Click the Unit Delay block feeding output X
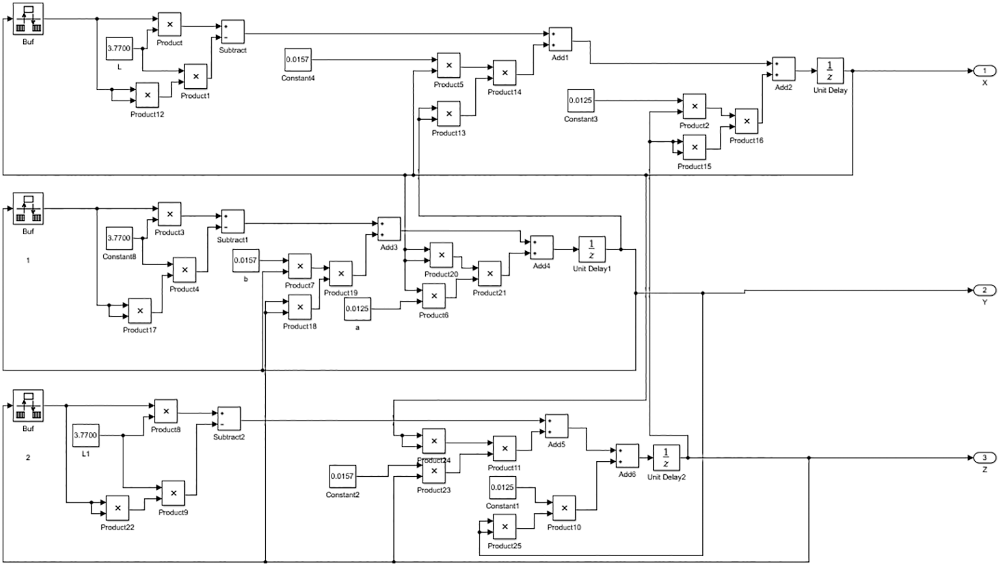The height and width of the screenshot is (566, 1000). tap(830, 71)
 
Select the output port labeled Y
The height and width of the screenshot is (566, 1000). tap(984, 290)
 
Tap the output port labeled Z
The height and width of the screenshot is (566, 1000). tap(984, 458)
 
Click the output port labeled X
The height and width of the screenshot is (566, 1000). tap(984, 71)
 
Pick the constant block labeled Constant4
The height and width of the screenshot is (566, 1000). tap(298, 60)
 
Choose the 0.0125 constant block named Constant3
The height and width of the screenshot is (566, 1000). tap(580, 101)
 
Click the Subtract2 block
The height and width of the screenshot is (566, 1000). tap(229, 418)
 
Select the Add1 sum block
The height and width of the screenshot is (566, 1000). tap(560, 39)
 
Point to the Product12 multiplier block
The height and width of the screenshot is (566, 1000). tap(147, 95)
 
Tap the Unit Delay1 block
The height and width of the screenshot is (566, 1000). tap(591, 249)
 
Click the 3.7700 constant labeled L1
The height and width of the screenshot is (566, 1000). tap(85, 435)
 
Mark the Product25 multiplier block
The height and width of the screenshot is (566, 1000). tap(505, 526)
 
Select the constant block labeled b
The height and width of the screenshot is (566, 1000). tap(246, 261)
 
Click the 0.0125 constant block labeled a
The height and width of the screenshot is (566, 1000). tap(357, 309)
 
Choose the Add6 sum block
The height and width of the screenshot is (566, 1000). tap(627, 456)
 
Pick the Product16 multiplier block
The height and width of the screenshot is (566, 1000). tap(746, 121)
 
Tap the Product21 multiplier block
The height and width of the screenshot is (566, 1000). tap(490, 273)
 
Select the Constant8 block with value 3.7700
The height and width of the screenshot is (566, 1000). tap(119, 238)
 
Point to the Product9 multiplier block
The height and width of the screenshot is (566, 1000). tap(173, 493)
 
